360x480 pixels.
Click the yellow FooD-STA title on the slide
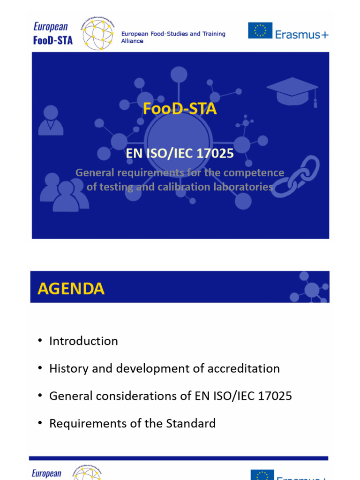tap(180, 109)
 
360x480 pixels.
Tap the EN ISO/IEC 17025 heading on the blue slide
tap(180, 154)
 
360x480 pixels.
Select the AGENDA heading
tap(71, 289)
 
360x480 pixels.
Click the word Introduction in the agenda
tap(83, 341)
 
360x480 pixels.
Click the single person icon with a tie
tap(51, 120)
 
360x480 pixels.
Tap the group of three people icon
tap(65, 192)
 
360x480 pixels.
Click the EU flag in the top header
tap(260, 30)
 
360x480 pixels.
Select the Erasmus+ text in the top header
tap(302, 34)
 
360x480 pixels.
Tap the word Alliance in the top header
tap(132, 41)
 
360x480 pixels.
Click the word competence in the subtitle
tap(254, 173)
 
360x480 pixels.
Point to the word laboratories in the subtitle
tap(241, 187)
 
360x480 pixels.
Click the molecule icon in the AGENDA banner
tap(310, 288)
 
